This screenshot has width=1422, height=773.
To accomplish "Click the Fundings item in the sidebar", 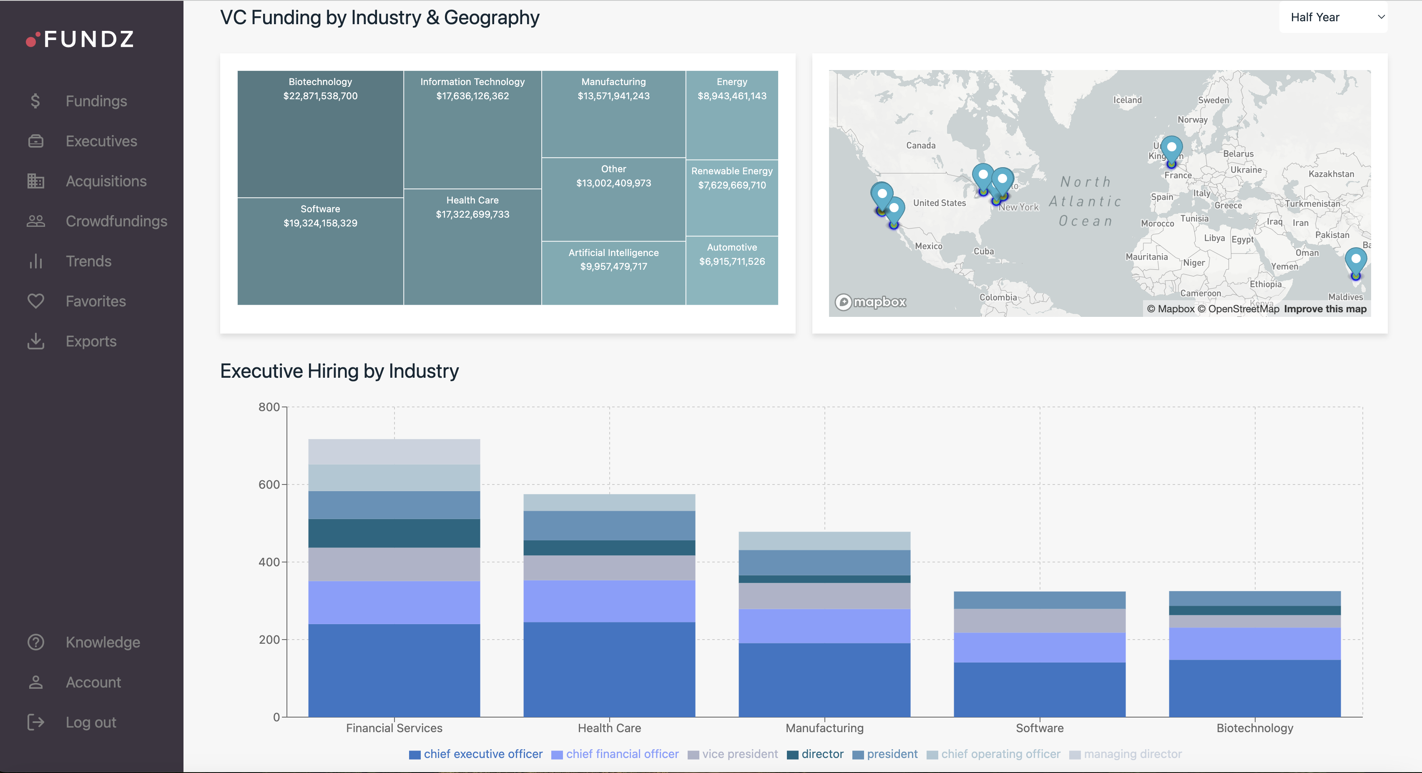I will pyautogui.click(x=96, y=101).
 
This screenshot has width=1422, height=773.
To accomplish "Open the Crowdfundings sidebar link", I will pyautogui.click(x=116, y=221).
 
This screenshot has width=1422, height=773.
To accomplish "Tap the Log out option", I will pyautogui.click(x=90, y=722).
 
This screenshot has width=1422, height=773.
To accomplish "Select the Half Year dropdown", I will pyautogui.click(x=1333, y=18).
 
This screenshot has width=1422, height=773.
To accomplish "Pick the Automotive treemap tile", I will pyautogui.click(x=732, y=270).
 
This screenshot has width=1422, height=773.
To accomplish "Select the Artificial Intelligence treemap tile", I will pyautogui.click(x=613, y=273).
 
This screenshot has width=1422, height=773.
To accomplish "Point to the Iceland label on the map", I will pyautogui.click(x=1127, y=100).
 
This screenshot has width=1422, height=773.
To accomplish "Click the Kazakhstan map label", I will pyautogui.click(x=1331, y=174).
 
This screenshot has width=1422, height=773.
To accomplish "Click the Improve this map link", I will pyautogui.click(x=1325, y=309).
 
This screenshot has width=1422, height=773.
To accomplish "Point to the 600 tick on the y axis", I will pyautogui.click(x=269, y=484).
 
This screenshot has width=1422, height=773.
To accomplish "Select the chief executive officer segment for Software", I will pyautogui.click(x=1040, y=690).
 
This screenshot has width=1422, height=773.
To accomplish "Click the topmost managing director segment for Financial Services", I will pyautogui.click(x=394, y=451).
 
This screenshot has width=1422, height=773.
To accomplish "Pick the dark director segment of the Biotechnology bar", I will pyautogui.click(x=1254, y=610).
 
